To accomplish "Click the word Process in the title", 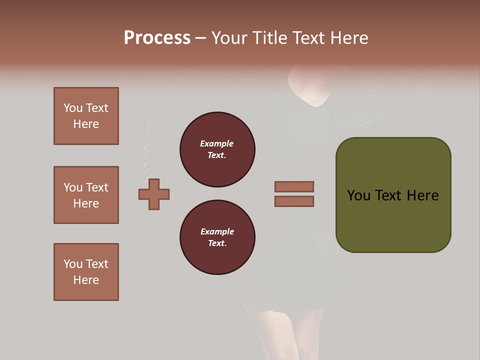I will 157,38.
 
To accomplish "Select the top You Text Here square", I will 86,116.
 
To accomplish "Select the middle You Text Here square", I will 86,195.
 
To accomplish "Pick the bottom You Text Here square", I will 86,272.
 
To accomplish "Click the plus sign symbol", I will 154,194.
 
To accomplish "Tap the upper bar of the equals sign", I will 294,186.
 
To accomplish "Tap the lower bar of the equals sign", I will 294,201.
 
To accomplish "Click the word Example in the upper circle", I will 216,143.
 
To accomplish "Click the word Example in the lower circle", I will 217,231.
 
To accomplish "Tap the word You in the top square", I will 73,108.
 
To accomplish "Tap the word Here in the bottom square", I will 86,280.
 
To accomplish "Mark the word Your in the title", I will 230,38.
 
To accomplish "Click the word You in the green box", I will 358,195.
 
